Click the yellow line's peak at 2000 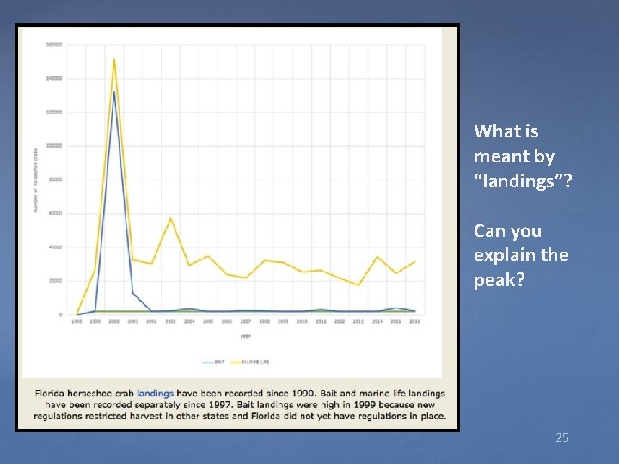[114, 59]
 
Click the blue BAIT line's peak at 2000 [114, 92]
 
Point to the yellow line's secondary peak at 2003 [170, 218]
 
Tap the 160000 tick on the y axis [53, 45]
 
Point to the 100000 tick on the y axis [53, 146]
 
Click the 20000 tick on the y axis [54, 281]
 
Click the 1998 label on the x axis [77, 321]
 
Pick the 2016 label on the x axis [414, 321]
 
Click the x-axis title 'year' [246, 336]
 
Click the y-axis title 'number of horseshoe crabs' [35, 180]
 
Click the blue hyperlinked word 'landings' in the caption [155, 394]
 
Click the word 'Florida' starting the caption [52, 394]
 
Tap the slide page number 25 [561, 437]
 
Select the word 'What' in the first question [493, 131]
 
